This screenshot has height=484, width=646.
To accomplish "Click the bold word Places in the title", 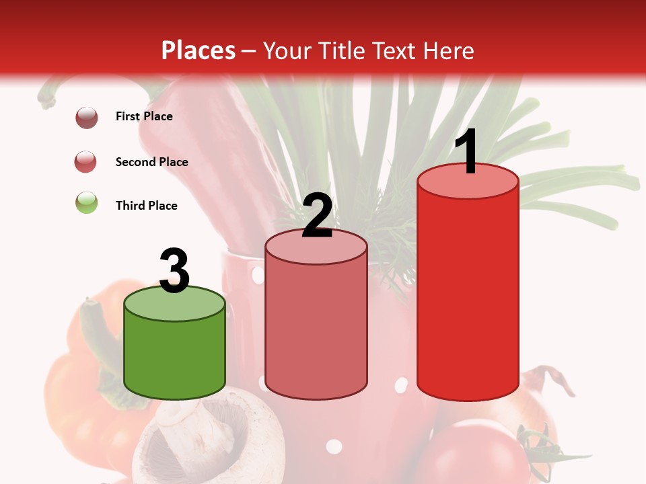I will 198,50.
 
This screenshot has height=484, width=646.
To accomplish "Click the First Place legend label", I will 144,116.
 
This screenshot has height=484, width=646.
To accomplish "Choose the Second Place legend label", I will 151,162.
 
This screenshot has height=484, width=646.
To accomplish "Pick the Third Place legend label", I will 146,206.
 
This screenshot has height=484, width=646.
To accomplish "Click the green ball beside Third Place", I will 87,202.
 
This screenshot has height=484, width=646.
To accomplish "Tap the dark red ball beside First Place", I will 87,118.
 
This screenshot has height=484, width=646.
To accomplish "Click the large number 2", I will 317,216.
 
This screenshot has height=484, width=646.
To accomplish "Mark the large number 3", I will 175,272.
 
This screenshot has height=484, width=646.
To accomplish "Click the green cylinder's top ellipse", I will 175,305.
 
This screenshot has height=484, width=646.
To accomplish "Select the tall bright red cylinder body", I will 468,289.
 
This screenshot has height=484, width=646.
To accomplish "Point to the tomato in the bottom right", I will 478,457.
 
